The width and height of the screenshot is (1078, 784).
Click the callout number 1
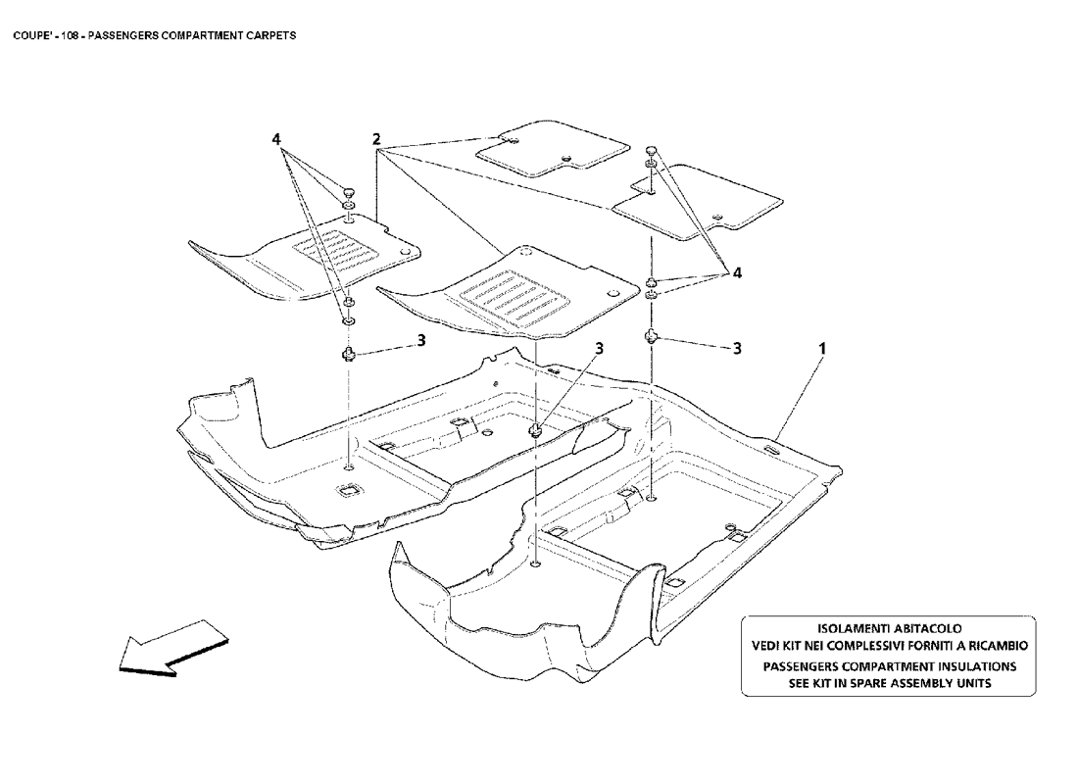coord(823,348)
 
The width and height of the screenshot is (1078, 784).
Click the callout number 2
coord(376,140)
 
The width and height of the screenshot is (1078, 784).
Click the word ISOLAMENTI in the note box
coord(856,627)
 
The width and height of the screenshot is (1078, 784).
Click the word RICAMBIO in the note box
coord(992,646)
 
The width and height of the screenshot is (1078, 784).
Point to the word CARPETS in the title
coord(273,34)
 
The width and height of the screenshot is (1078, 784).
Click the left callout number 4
coord(277,140)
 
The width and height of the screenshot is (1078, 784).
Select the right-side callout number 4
coord(736,274)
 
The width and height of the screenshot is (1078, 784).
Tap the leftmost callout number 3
coord(421,340)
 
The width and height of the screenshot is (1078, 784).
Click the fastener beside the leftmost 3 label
coord(348,353)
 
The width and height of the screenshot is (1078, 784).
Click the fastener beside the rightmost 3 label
coord(650,337)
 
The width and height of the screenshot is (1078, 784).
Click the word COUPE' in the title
coord(30,34)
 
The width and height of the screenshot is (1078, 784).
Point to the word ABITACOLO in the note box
coord(927,627)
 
